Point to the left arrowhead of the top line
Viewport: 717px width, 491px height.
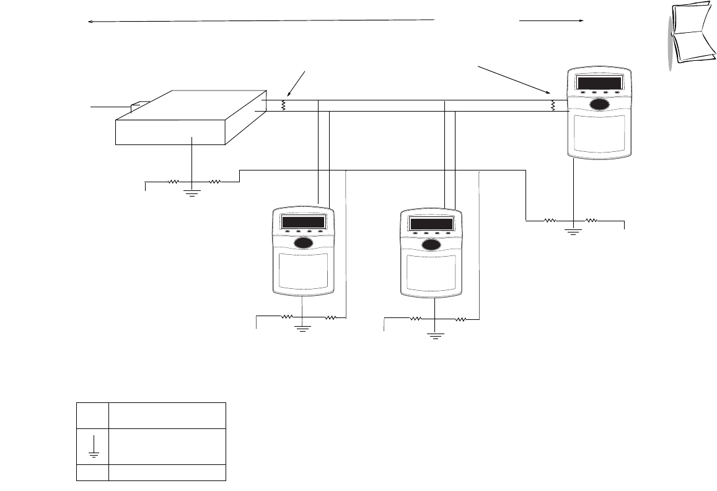(x=90, y=22)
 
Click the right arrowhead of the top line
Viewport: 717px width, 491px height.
(x=581, y=20)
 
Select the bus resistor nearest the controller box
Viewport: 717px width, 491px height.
(x=284, y=105)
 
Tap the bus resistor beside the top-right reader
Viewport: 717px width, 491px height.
(x=553, y=106)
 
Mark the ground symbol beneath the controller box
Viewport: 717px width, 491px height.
(x=193, y=192)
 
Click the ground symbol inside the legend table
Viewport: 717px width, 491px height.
(x=92, y=446)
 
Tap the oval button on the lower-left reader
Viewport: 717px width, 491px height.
(x=304, y=244)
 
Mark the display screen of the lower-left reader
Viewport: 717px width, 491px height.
(x=304, y=223)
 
